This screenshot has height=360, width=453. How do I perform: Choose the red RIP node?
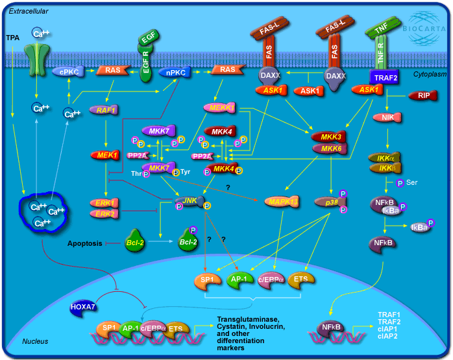(421, 96)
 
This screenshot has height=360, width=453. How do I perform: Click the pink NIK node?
(387, 117)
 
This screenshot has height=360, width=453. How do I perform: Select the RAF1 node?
(102, 111)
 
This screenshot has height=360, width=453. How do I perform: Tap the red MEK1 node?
(104, 156)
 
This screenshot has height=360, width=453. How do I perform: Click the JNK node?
(190, 202)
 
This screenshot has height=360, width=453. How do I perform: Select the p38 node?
(330, 202)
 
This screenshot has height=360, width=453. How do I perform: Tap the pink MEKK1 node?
(220, 107)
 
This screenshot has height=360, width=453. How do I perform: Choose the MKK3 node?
(328, 138)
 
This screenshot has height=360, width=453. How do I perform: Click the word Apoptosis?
(85, 244)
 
